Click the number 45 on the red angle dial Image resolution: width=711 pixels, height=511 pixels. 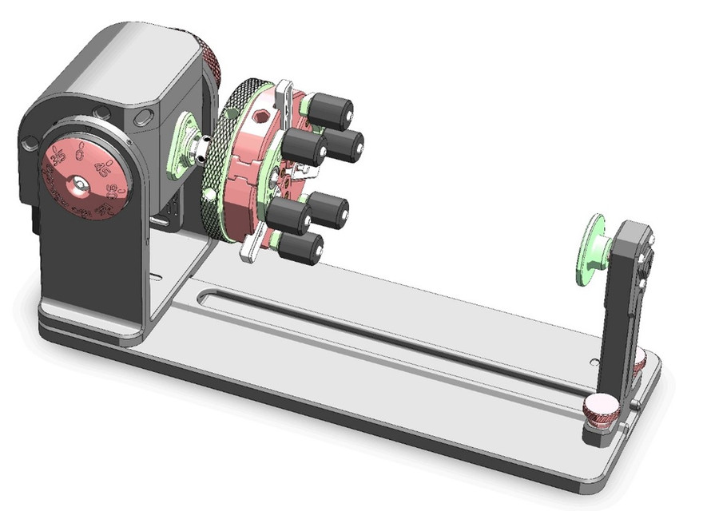[102, 167]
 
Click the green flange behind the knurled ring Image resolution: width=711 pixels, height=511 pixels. [187, 143]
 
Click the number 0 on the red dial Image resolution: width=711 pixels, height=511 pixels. [79, 148]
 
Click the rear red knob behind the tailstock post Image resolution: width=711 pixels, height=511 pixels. [640, 363]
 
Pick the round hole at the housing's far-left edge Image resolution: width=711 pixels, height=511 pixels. [30, 144]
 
